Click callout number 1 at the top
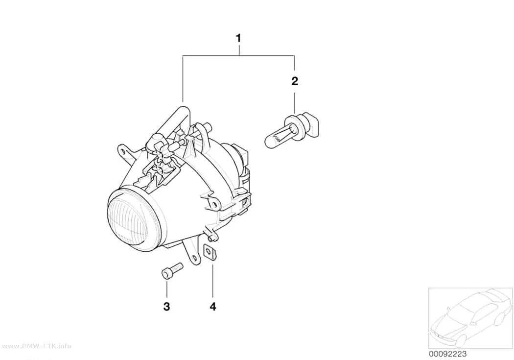[239, 38]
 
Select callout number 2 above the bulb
[295, 81]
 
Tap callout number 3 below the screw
[166, 307]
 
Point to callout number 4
[213, 307]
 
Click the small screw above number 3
[172, 270]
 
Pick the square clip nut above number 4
[210, 252]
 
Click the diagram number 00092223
[447, 354]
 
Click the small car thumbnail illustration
[470, 318]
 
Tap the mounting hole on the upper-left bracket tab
[122, 151]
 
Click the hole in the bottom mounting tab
[194, 258]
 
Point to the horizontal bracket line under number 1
[239, 56]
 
